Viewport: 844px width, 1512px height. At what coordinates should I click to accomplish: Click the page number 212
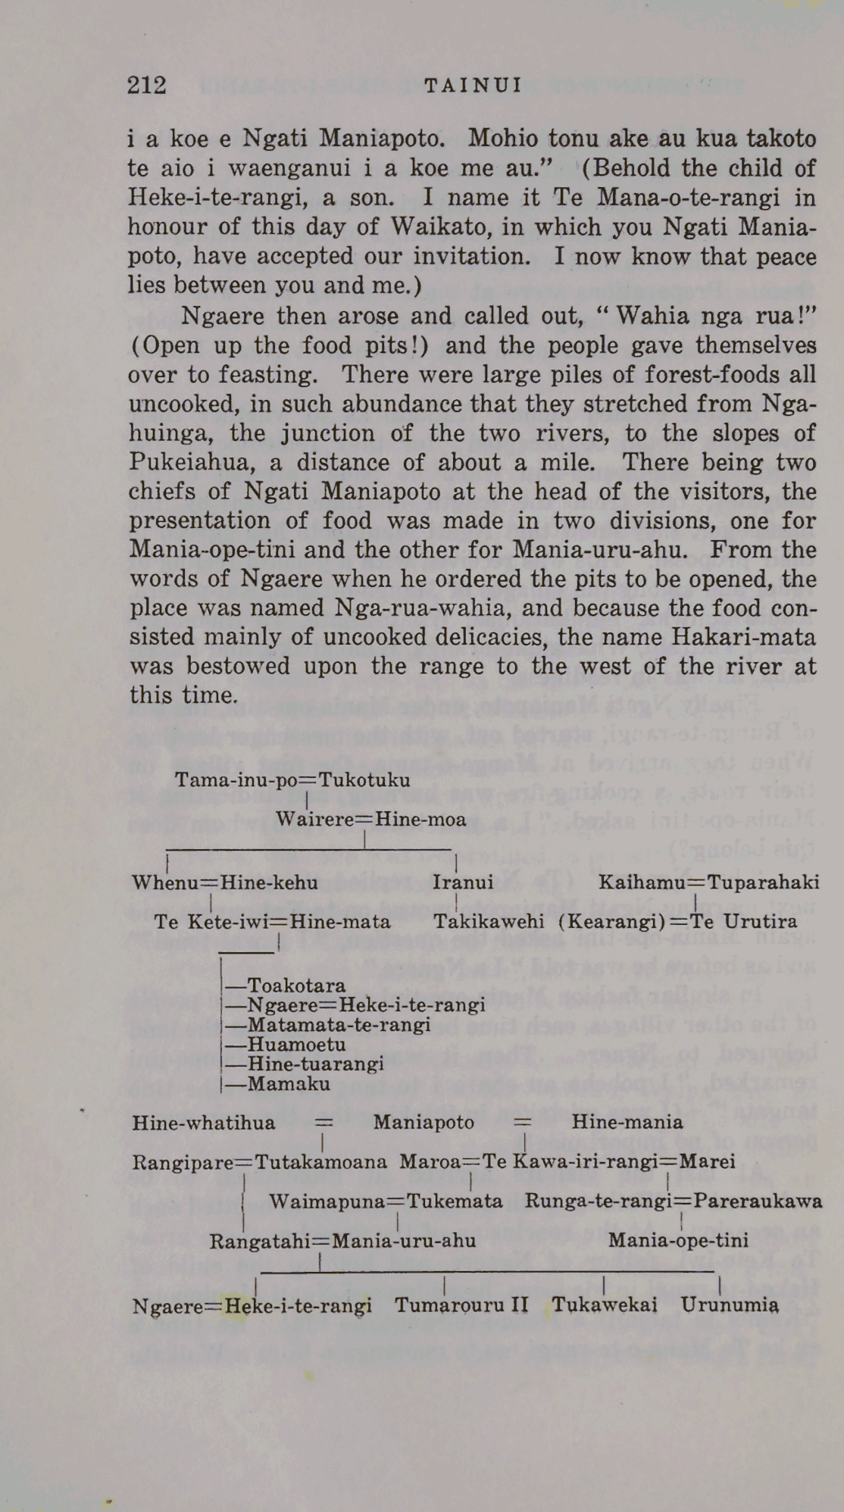(x=147, y=85)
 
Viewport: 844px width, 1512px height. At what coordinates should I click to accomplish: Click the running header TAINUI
(x=474, y=85)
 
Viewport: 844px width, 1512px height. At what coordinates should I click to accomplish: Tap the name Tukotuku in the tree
(x=364, y=779)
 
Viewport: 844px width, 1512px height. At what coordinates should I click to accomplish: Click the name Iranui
(x=463, y=882)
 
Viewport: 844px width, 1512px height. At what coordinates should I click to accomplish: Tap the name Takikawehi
(x=489, y=921)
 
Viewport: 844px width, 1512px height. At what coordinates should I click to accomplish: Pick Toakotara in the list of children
(x=296, y=986)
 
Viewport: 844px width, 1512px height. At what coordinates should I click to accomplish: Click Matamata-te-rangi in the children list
(x=339, y=1025)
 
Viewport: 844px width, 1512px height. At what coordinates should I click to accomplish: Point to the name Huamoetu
(x=296, y=1045)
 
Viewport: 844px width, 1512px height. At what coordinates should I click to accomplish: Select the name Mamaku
(x=289, y=1084)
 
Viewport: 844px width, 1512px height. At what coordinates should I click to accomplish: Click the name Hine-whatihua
(x=204, y=1122)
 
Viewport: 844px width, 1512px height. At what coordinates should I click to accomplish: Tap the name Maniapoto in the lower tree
(x=424, y=1122)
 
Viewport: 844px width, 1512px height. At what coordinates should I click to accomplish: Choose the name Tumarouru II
(x=461, y=1305)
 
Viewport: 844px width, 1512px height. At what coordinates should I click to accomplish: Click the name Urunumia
(x=730, y=1305)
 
